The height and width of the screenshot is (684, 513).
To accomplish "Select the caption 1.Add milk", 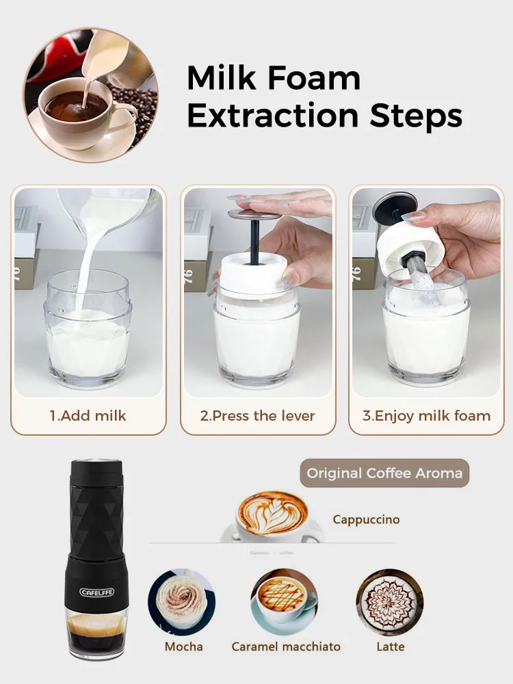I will (88, 415).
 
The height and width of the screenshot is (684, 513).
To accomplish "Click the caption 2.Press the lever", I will (257, 415).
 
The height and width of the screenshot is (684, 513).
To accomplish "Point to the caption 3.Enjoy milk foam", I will (426, 415).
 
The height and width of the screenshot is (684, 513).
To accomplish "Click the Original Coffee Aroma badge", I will (384, 473).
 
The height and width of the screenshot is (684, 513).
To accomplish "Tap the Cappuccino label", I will (366, 519).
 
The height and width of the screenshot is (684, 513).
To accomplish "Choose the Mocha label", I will (183, 646).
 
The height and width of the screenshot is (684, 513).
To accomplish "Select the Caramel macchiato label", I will (286, 646).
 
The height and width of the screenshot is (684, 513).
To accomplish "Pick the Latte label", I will (391, 646).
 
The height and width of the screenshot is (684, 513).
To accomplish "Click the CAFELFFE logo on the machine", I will (97, 592).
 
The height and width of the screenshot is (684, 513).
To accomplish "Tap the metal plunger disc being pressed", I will (254, 215).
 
